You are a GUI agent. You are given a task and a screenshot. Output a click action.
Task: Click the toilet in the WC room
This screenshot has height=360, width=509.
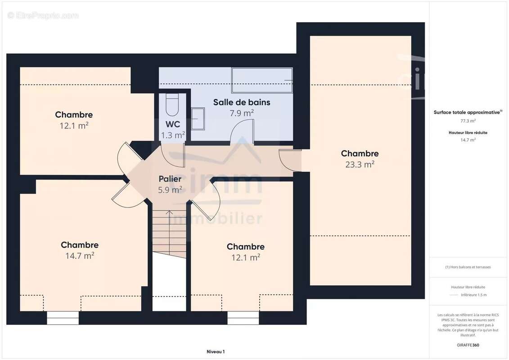tap(172, 105)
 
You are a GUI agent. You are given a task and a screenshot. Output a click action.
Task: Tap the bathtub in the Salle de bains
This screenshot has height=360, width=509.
tap(262, 80)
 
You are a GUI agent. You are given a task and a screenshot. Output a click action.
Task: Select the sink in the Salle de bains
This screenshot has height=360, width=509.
tap(198, 119)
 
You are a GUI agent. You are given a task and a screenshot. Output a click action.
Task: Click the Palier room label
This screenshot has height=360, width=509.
tap(170, 179)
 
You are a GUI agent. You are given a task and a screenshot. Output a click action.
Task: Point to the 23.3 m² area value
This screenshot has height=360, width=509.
tap(360, 164)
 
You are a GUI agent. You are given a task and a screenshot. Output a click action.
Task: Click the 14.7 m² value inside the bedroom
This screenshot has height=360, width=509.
tap(80, 256)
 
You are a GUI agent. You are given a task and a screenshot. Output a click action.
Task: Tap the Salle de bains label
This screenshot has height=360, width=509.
tap(242, 102)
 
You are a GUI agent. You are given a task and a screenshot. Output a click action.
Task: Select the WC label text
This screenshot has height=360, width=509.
tap(173, 124)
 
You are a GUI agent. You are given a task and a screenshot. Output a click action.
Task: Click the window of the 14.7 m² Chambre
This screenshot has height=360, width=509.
tap(63, 318)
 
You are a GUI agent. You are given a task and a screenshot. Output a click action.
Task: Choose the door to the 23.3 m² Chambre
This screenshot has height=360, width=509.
tap(290, 160)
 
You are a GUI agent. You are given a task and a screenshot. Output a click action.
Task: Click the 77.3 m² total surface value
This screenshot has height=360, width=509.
tap(468, 121)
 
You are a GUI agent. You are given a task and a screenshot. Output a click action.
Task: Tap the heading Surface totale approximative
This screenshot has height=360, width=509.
tap(467, 112)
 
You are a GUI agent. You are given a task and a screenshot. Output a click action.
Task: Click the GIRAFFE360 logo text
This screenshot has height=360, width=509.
tap(468, 345)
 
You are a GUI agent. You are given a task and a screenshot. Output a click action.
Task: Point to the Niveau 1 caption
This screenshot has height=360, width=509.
tap(216, 351)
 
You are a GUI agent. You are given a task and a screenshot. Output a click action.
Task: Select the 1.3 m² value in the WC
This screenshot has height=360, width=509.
tap(173, 135)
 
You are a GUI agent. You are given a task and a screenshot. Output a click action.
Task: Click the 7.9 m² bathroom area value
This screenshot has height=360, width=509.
tap(242, 113)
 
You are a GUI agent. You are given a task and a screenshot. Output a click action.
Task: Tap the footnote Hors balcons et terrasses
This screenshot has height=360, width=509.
tap(468, 267)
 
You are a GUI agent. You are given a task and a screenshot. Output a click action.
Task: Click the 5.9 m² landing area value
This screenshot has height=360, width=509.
tap(170, 189)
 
